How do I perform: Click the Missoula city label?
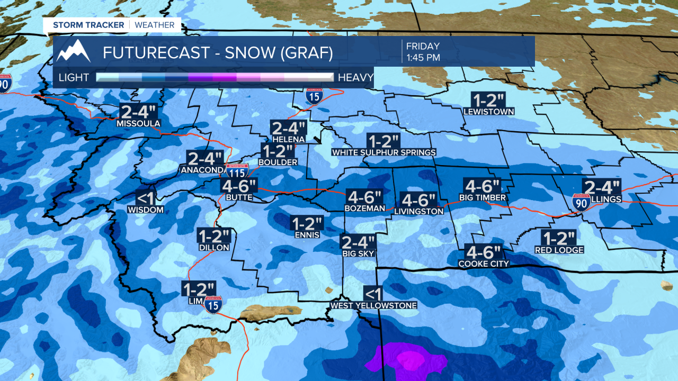[x=138, y=124]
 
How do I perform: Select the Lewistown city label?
[x=488, y=112]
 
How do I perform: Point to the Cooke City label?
[x=483, y=264]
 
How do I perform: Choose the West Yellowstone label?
[x=373, y=305]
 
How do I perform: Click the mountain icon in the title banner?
[x=74, y=51]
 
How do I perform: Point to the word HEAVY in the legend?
[x=355, y=78]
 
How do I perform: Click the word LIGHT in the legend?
[x=74, y=78]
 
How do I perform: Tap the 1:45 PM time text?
[x=423, y=58]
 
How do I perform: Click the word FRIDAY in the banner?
[x=423, y=46]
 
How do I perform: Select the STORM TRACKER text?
[x=88, y=25]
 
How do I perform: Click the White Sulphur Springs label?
[x=383, y=152]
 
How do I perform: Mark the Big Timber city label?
[x=482, y=198]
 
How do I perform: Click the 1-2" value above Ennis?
[x=306, y=223]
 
